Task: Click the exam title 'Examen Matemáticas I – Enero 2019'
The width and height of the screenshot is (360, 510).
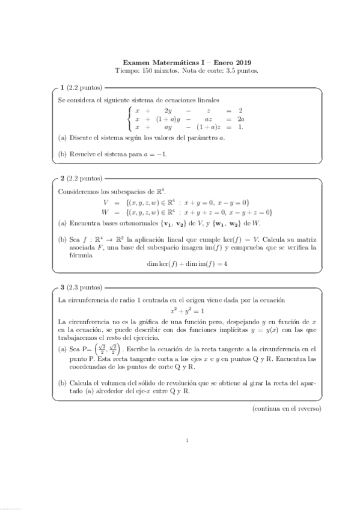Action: click(x=186, y=62)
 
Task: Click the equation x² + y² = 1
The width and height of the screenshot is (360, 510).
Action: click(x=186, y=311)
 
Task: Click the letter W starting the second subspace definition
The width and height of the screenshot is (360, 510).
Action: click(x=105, y=211)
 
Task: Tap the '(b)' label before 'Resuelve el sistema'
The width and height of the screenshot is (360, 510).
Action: click(x=62, y=154)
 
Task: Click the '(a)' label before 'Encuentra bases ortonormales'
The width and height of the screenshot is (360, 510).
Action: click(x=62, y=223)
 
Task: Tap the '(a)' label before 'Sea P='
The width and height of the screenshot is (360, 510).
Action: click(x=62, y=349)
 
